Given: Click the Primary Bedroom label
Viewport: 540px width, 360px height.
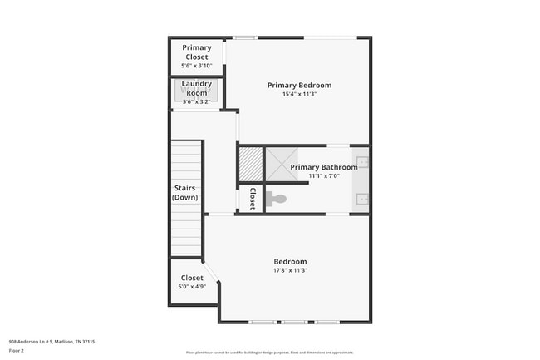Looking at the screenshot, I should point(299,85).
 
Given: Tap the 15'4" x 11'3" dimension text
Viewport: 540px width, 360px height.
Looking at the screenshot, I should point(299,94).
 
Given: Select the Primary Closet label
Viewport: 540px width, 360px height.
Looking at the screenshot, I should point(197,52).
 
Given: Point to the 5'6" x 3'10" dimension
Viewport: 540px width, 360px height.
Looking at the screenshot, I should point(197,66).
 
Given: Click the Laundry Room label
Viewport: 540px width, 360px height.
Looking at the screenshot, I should point(197,88).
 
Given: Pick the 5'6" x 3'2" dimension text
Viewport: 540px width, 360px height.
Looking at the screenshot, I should point(197,102).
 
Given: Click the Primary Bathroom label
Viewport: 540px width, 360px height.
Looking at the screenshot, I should point(323,167).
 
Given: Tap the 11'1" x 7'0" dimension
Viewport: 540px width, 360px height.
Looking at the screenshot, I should point(323,175).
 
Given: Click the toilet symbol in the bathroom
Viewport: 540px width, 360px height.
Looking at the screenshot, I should point(277,199).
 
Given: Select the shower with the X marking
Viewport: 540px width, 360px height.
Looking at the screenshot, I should point(279,163).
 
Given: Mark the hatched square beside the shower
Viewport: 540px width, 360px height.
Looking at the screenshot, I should point(250,163).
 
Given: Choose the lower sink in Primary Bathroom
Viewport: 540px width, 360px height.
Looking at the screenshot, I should point(362,198).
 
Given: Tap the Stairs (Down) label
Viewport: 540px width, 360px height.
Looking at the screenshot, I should point(184,193).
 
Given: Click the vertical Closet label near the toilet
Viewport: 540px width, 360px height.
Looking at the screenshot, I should point(253,198).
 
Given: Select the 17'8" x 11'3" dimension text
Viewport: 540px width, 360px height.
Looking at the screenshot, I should point(290,269).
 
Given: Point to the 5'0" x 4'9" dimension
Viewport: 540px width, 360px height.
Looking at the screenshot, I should point(192,287).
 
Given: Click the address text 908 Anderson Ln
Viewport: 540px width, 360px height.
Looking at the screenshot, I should point(52,341).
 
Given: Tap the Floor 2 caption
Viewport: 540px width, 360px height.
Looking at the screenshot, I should point(17,350).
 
